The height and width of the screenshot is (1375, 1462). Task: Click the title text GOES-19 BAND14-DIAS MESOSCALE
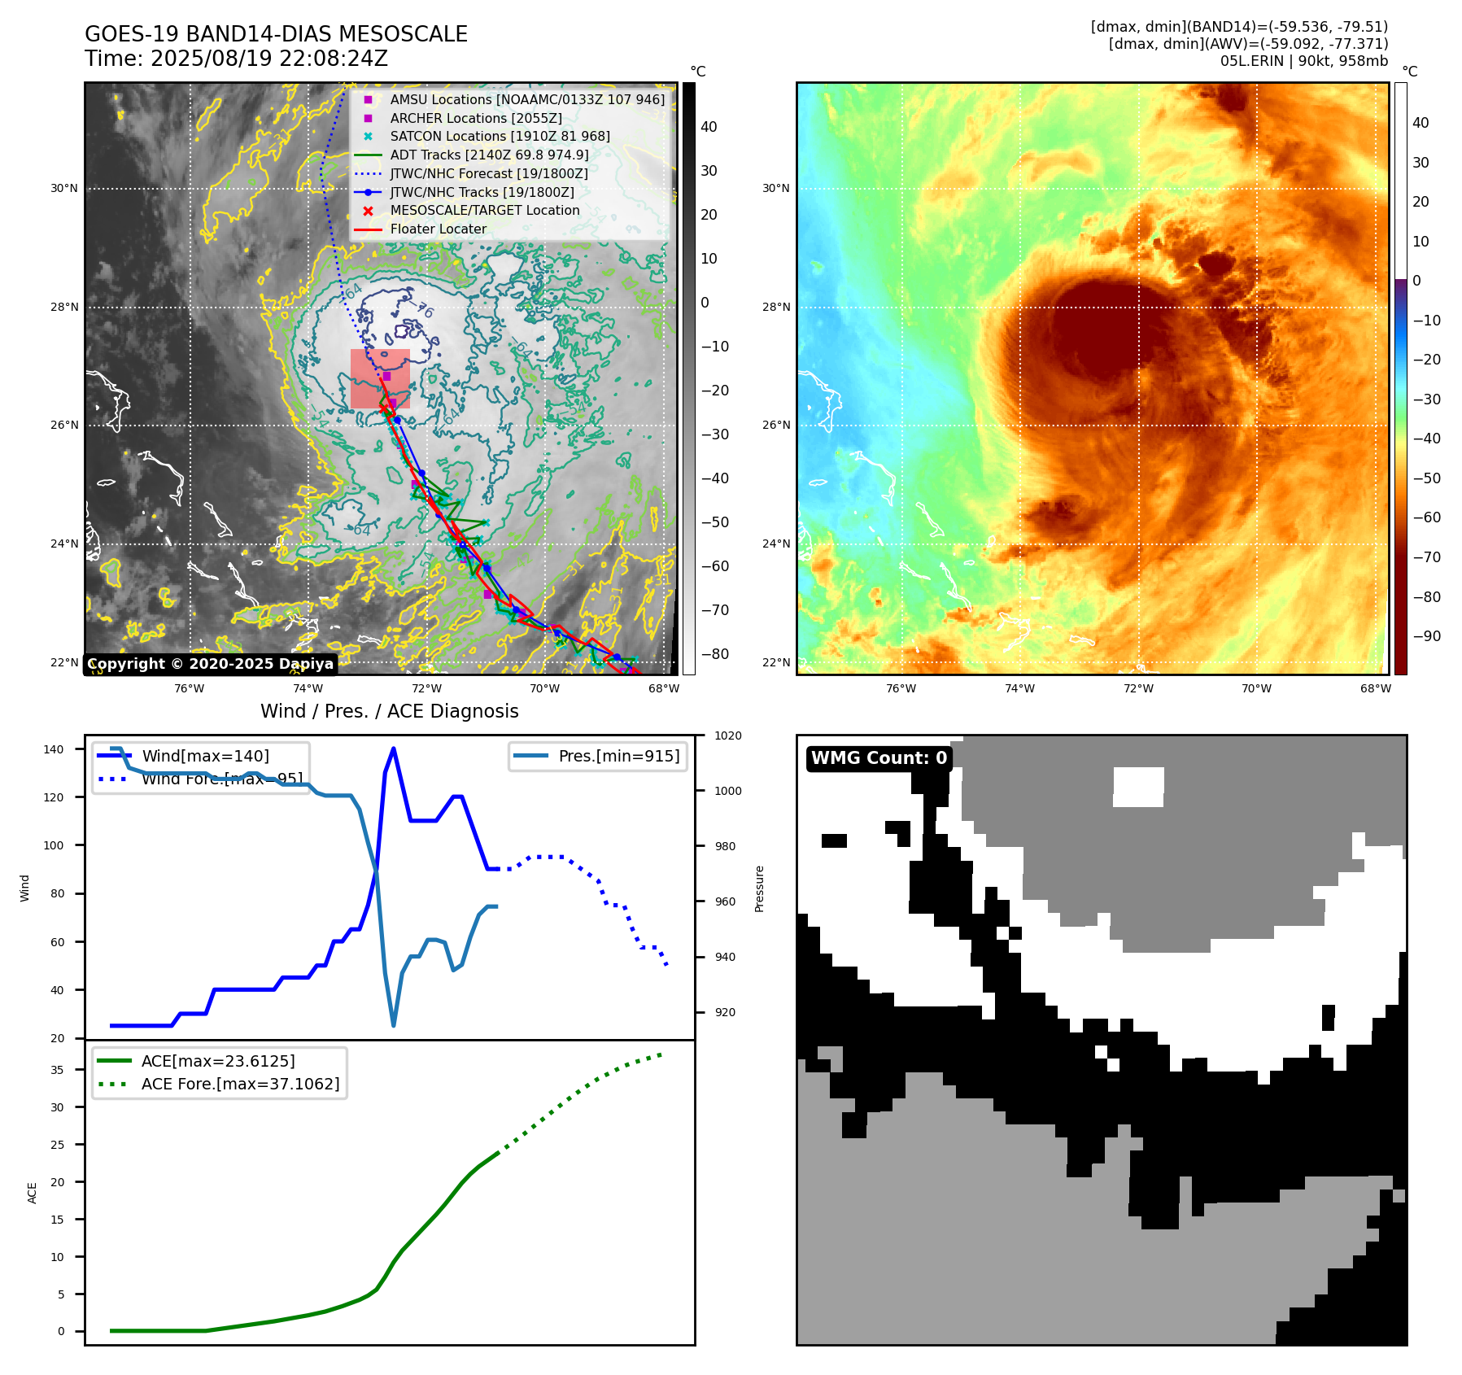(276, 34)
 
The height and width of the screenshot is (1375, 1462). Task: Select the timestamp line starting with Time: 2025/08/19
(236, 59)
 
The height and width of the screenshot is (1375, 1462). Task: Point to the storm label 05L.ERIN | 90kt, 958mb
(1303, 61)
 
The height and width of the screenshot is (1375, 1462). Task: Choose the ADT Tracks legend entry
(489, 155)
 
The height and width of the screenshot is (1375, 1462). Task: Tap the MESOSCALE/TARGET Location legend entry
(484, 210)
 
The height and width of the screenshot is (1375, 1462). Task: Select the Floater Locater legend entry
(438, 229)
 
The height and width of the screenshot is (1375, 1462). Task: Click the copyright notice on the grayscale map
(210, 664)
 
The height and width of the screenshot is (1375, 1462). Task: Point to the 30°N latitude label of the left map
(64, 188)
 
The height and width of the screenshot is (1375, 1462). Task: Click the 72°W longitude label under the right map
(1137, 688)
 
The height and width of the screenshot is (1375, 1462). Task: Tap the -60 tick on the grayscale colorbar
(714, 566)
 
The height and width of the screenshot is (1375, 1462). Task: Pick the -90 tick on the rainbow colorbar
(1426, 636)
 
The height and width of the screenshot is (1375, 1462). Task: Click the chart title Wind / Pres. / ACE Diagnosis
(389, 711)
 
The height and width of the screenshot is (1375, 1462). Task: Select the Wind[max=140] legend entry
(205, 756)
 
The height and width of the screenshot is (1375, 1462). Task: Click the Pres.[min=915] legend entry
(618, 756)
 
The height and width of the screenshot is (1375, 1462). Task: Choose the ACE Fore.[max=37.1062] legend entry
(240, 1084)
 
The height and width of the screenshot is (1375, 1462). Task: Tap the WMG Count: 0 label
(879, 758)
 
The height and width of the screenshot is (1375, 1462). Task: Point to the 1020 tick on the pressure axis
(727, 736)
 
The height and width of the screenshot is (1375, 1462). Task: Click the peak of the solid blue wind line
(394, 749)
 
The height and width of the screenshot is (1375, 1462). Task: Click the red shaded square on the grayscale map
(380, 378)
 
